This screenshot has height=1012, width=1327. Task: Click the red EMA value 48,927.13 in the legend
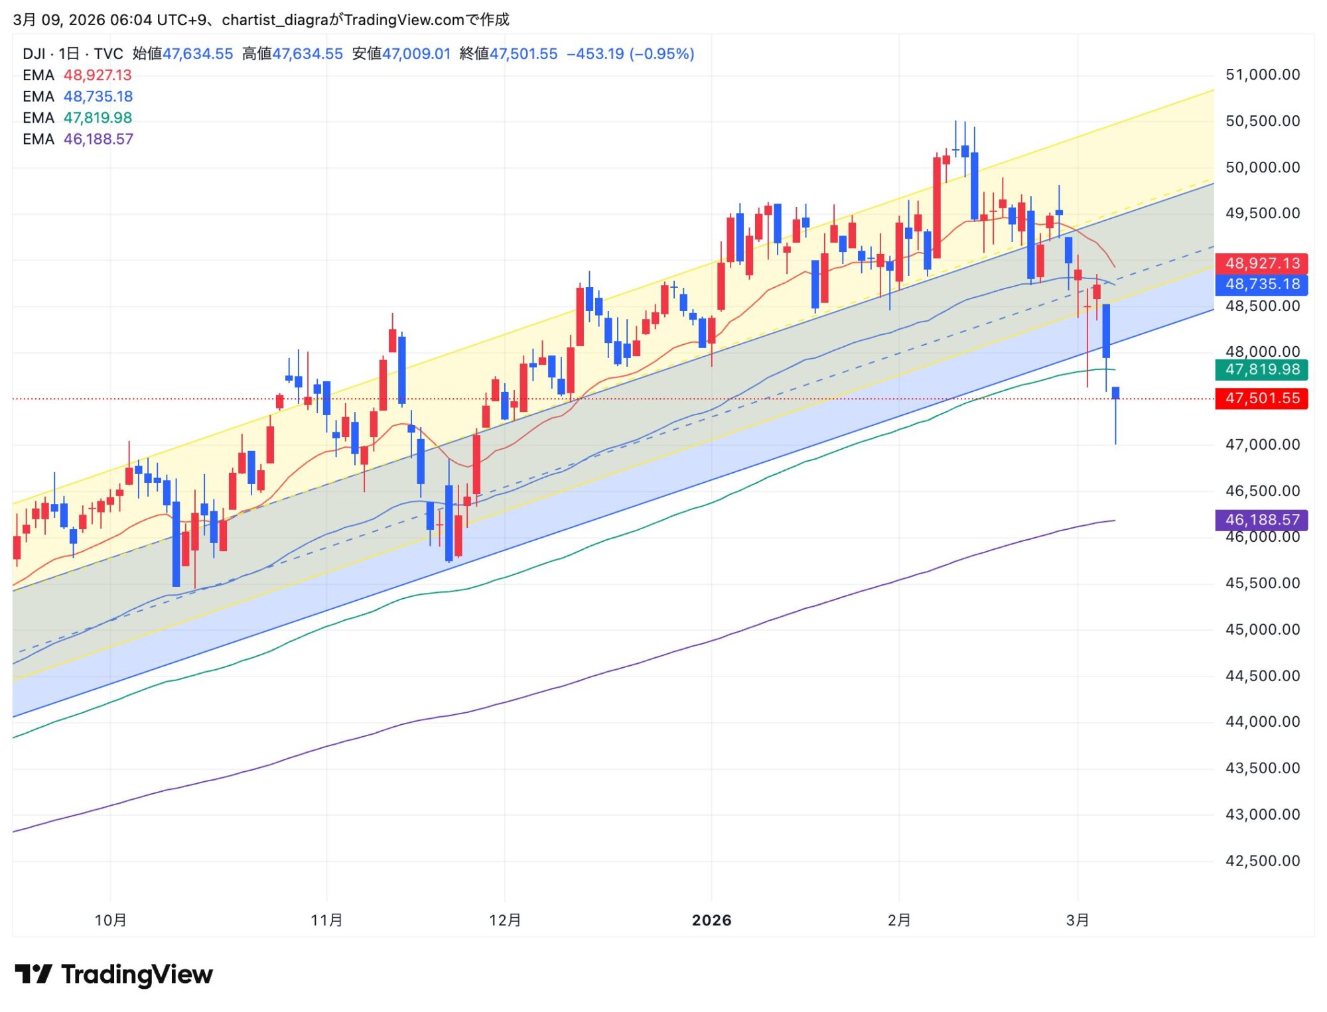point(98,76)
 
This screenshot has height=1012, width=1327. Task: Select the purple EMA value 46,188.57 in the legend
point(98,139)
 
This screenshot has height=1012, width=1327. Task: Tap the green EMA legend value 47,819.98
point(98,118)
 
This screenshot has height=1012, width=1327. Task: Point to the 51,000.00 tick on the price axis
point(1262,75)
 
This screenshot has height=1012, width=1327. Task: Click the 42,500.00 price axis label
point(1262,861)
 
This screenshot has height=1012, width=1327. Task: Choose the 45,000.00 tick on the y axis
point(1262,629)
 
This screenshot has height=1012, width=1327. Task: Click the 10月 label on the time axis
point(111,920)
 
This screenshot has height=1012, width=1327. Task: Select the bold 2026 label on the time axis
point(711,920)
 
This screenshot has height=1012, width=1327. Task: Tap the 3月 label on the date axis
point(1078,920)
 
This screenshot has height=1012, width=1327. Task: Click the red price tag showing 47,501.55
point(1261,399)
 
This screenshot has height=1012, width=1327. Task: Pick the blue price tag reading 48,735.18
point(1261,285)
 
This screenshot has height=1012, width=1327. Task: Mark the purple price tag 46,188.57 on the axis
point(1261,520)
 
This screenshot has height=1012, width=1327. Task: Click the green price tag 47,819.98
point(1261,369)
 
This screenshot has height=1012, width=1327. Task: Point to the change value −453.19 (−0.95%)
point(630,54)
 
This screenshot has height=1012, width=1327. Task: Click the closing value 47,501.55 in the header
point(523,54)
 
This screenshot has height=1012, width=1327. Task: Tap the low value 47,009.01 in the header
point(416,54)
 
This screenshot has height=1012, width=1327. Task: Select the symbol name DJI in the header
point(34,54)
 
